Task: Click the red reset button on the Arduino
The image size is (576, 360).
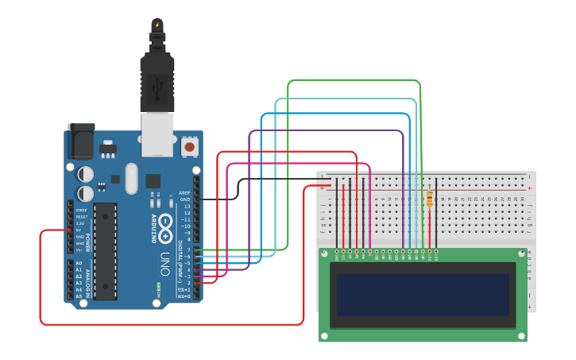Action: pyautogui.click(x=190, y=147)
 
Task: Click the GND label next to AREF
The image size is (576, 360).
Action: pyautogui.click(x=185, y=199)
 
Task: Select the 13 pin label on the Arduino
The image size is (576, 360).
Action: pyautogui.click(x=187, y=206)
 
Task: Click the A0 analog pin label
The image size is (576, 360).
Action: pyautogui.click(x=79, y=262)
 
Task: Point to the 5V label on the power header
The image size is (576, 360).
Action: pyautogui.click(x=79, y=230)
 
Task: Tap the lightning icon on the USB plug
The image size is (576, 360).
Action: pyautogui.click(x=157, y=25)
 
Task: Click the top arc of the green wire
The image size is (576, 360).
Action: pyautogui.click(x=354, y=80)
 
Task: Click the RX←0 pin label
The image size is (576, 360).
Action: pyautogui.click(x=184, y=296)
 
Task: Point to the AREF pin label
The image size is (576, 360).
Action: pyautogui.click(x=184, y=192)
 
